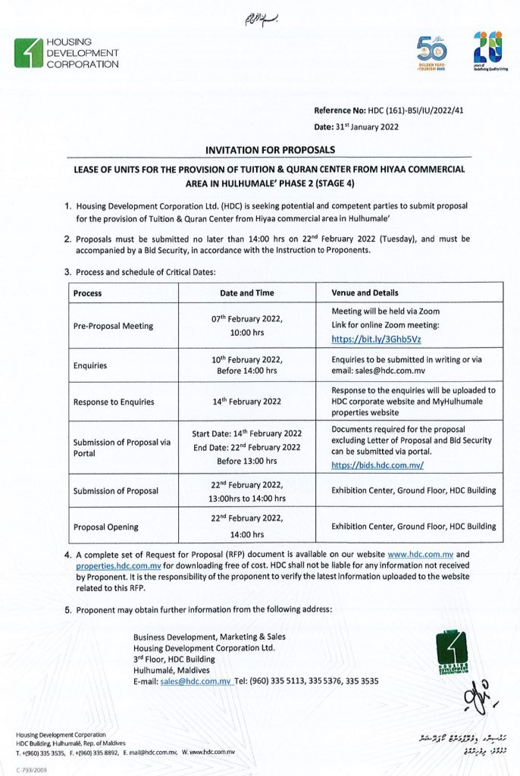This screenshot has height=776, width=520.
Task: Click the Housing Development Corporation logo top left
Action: pos(67,53)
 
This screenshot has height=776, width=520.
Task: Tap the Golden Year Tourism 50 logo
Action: pos(432,54)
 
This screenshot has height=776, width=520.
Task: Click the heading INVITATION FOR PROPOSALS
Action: pos(271,150)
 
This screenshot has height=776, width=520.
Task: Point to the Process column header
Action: pos(88,293)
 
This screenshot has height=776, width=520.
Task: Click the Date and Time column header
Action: pos(247,293)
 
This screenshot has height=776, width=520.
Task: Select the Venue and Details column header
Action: pos(365,293)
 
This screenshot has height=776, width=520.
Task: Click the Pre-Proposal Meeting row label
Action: pos(113,326)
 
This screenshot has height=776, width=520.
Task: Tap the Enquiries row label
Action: pos(90,365)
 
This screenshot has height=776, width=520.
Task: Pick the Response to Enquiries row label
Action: pos(114,402)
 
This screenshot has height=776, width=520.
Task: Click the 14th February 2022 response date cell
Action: pos(247,402)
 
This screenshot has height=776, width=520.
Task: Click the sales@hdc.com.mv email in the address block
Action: pos(195,681)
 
